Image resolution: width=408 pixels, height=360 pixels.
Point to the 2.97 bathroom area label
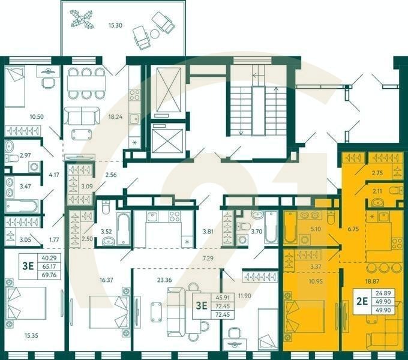[x=25, y=156]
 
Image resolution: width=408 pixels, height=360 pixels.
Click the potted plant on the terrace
[x=81, y=18]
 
